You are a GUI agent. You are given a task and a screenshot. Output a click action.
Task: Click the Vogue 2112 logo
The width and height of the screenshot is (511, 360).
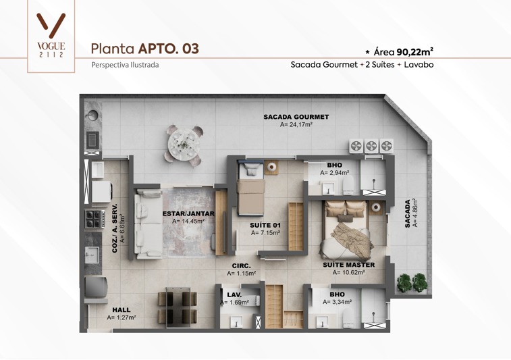coord(51,35)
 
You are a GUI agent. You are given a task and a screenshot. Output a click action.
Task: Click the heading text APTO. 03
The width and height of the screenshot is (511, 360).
coord(169,49)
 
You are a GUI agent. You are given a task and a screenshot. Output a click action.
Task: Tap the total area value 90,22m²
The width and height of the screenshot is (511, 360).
coord(415,51)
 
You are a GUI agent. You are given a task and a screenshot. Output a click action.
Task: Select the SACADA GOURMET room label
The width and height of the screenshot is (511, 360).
coord(296,117)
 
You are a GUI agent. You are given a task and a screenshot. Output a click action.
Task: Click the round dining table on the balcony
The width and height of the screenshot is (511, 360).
coord(184,145)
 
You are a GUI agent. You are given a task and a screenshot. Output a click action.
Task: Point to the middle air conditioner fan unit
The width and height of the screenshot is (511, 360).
coord(371,146)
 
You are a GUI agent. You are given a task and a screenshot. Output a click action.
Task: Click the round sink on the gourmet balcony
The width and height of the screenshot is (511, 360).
coord(92,115)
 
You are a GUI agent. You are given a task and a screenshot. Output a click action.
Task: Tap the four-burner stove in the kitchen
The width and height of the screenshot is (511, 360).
coord(95,219)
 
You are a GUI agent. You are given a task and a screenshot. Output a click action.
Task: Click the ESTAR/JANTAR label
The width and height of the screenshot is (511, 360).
coord(188,214)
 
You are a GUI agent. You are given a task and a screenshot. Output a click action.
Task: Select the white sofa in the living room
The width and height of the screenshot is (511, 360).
coord(149,225)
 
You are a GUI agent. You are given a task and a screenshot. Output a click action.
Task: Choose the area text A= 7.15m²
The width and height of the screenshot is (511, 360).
coord(265,233)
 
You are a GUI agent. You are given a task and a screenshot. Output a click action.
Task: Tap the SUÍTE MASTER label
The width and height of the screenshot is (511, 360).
coord(349,265)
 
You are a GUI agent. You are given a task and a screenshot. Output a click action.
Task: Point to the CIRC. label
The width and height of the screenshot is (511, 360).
coord(242,266)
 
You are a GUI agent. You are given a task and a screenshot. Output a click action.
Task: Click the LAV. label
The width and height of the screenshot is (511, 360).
coord(234,295)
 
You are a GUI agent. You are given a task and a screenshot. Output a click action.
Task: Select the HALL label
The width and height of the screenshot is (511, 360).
coord(122,310)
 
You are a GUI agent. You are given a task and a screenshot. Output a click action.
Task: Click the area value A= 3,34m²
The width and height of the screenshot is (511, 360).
coord(338,302)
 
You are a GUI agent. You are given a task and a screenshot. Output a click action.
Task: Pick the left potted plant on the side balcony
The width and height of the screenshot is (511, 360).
coord(404,282)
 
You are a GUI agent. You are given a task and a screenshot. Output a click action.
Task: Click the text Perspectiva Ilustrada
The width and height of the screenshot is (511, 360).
coord(125,65)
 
